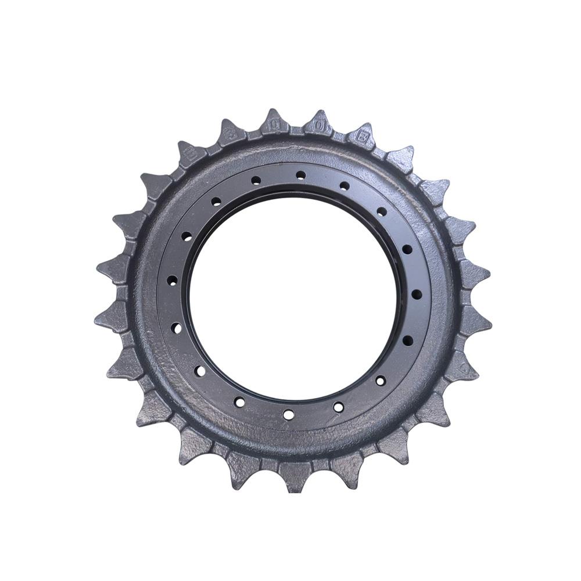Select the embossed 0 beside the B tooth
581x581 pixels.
click(x=319, y=125)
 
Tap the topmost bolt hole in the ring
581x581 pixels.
click(x=300, y=174)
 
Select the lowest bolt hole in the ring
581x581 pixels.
click(x=288, y=414)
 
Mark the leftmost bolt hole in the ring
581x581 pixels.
click(x=172, y=280)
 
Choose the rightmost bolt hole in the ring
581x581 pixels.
click(x=417, y=294)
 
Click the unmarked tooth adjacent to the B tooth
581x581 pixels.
click(x=400, y=158)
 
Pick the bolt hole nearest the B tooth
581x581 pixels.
click(x=345, y=186)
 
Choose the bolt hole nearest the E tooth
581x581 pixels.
click(x=216, y=202)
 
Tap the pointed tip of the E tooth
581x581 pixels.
click(x=181, y=143)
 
